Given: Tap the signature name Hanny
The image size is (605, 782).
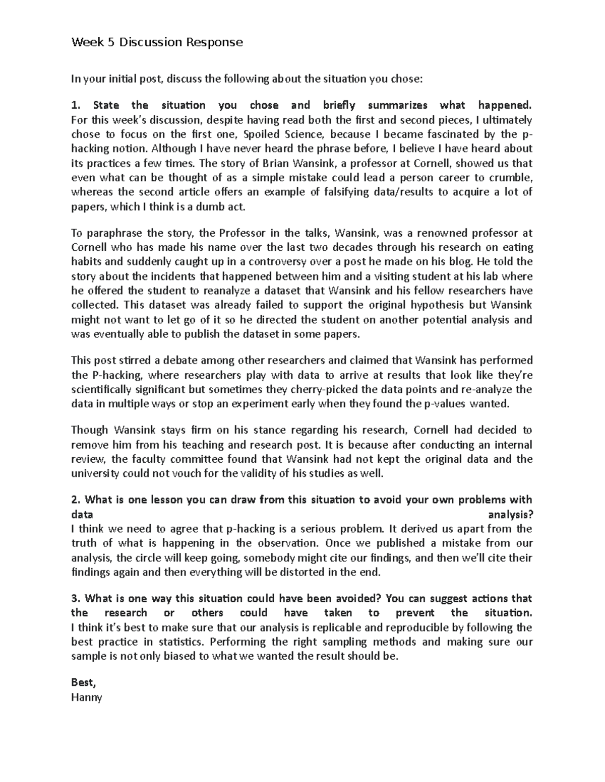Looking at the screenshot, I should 86,697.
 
